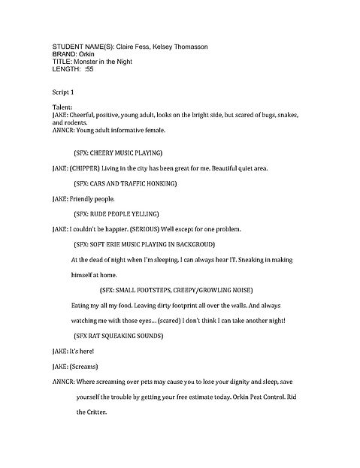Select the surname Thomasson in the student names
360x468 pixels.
pos(184,46)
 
